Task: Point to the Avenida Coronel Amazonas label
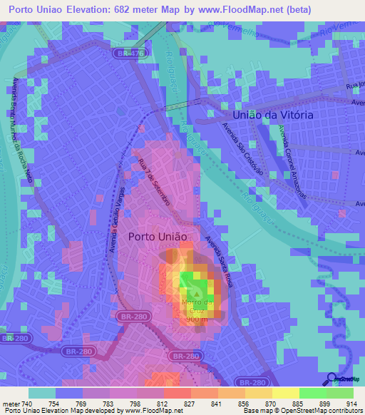(x=294, y=153)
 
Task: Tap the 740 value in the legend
(x=28, y=404)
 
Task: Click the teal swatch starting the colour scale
(x=41, y=393)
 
